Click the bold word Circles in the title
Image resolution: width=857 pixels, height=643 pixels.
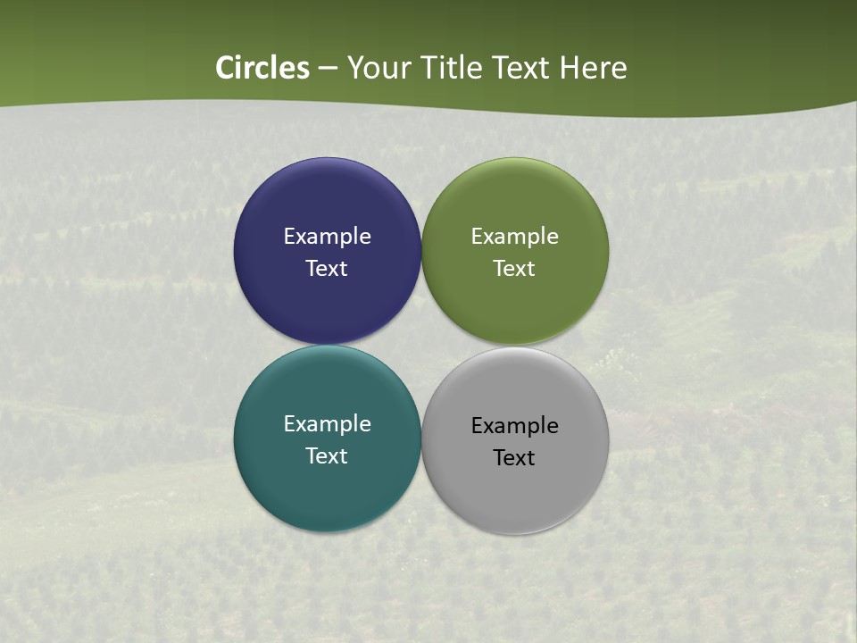pyautogui.click(x=262, y=68)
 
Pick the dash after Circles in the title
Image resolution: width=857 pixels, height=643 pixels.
pyautogui.click(x=328, y=69)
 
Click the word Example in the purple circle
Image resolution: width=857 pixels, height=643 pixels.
pyautogui.click(x=327, y=236)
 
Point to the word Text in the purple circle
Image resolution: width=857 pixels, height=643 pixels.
pyautogui.click(x=327, y=268)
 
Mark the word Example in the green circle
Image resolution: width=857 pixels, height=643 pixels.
pyautogui.click(x=515, y=236)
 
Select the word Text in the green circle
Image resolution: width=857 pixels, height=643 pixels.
pyautogui.click(x=514, y=268)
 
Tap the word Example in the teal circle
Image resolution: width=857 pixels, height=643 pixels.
pyautogui.click(x=327, y=423)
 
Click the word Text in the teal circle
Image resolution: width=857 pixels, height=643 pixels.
pyautogui.click(x=327, y=455)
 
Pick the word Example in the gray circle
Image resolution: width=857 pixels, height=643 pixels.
pyautogui.click(x=515, y=425)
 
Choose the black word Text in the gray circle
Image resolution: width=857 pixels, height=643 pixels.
pyautogui.click(x=514, y=457)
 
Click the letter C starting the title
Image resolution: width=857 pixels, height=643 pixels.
pyautogui.click(x=226, y=68)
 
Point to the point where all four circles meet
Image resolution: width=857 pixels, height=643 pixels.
pyautogui.click(x=421, y=346)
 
